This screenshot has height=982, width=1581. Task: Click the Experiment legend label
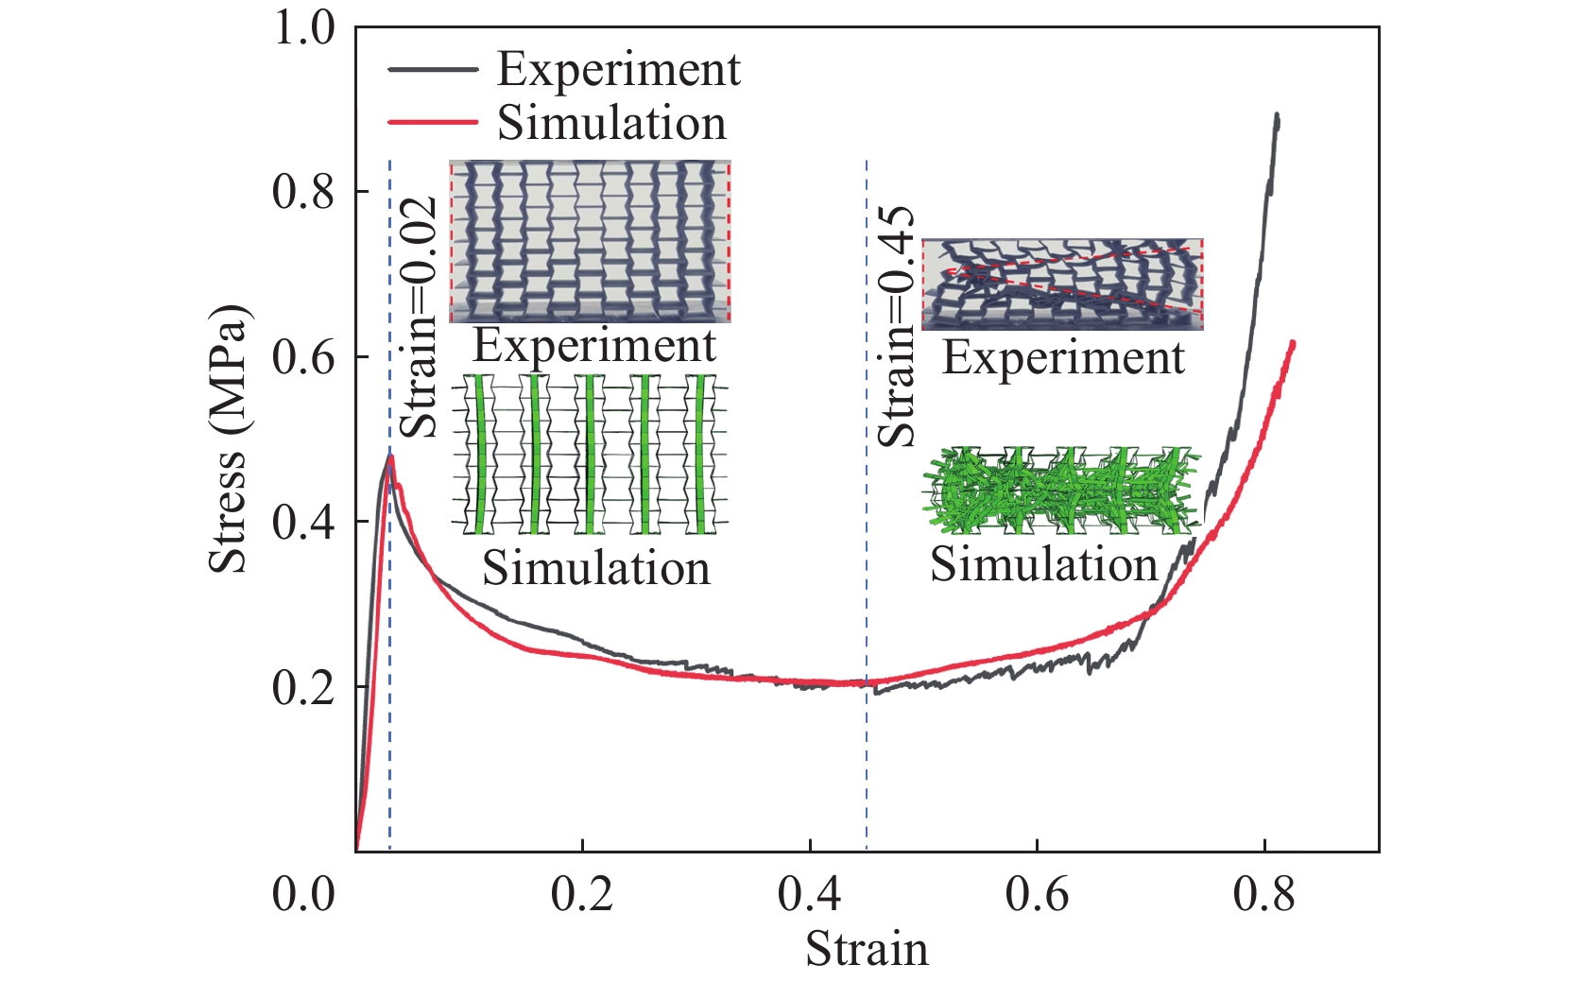click(618, 70)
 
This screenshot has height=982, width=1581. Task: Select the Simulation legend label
click(611, 124)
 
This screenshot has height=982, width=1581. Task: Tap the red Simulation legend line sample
click(432, 122)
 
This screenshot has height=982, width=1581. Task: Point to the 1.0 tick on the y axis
click(303, 27)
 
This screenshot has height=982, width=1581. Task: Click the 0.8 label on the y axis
click(303, 192)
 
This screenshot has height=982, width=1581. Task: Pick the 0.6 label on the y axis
click(303, 357)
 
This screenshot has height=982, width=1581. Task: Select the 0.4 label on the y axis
click(303, 522)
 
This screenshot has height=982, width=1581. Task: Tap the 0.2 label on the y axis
click(303, 687)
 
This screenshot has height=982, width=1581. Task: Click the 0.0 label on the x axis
click(303, 894)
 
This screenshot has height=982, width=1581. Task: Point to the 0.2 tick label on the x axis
click(582, 894)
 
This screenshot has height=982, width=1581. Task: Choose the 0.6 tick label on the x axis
click(1037, 894)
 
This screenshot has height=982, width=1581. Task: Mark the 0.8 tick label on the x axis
click(1264, 894)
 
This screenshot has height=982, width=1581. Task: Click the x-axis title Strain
click(867, 949)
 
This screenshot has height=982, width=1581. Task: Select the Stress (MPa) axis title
click(228, 439)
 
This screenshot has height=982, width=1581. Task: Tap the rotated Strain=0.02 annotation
click(420, 318)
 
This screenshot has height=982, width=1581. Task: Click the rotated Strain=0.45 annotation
click(897, 326)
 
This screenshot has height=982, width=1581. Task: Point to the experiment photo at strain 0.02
click(590, 241)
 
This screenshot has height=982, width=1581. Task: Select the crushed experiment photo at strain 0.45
click(1062, 284)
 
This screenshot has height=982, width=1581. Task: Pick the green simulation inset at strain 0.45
click(1062, 490)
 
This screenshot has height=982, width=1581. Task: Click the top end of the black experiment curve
click(1277, 115)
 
